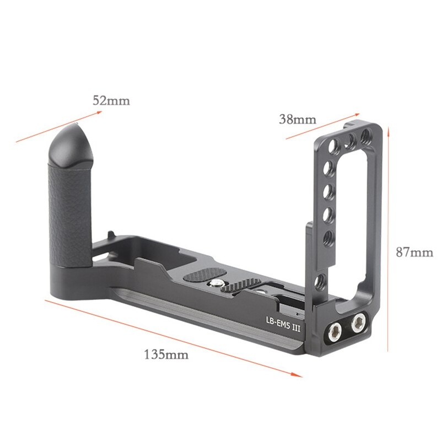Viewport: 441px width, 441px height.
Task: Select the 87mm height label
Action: click(415, 252)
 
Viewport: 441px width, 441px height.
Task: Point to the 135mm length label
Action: click(166, 354)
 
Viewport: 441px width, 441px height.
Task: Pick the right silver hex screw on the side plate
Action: click(359, 320)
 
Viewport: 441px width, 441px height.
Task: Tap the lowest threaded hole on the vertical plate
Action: click(319, 286)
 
